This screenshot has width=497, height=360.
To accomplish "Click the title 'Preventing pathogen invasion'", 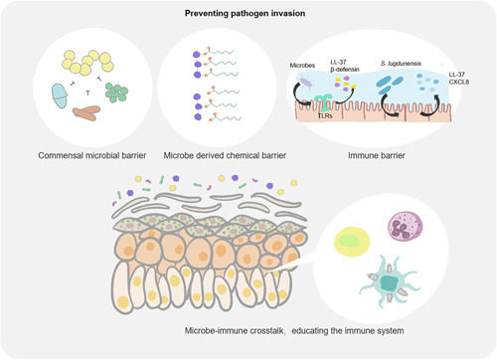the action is coord(245,13).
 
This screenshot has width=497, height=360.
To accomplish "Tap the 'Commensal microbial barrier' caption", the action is coord(92,155).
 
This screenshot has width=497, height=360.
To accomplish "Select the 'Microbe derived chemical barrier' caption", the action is coord(225,155).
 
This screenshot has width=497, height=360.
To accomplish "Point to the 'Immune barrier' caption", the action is coord(377,155).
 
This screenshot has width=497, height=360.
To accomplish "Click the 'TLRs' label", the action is coord(325,115).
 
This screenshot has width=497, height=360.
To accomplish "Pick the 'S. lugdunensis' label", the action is coord(401,64).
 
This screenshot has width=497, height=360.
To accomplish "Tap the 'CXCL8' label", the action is coord(459,82).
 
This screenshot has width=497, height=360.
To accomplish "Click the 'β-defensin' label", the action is coord(345,70).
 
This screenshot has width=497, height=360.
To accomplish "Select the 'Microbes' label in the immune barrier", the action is coord(302,66).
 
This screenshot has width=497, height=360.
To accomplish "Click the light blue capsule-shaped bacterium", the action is coord(60,95).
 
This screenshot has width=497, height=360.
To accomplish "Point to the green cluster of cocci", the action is coord(116,92).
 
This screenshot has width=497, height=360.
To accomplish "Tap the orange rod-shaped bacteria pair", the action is coord(86,112).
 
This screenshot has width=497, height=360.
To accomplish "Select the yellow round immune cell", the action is coord(352,242).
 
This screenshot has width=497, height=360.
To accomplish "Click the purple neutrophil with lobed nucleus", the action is coord(405,227).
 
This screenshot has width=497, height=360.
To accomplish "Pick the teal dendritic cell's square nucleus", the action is coord(389,282).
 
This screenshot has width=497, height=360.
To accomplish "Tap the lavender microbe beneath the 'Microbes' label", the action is coord(306,82).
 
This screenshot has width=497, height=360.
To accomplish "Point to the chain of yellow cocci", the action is coord(87,62).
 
